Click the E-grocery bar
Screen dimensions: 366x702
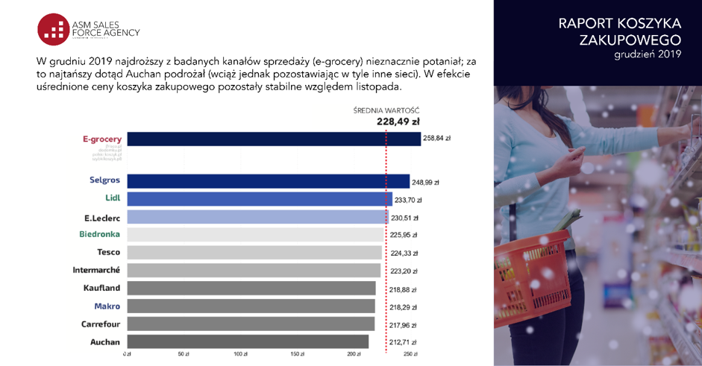(273, 139)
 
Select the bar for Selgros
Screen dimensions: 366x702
(268, 181)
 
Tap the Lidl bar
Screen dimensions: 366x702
(259, 199)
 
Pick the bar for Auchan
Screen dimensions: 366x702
(248, 342)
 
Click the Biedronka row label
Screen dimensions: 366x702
(100, 235)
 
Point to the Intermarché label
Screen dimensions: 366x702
(96, 270)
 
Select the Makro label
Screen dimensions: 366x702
(107, 306)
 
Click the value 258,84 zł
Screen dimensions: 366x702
(436, 139)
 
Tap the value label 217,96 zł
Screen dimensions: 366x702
(403, 325)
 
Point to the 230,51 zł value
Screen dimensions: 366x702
(404, 218)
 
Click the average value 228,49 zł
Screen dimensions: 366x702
(398, 122)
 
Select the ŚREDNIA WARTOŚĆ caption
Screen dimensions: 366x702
(386, 110)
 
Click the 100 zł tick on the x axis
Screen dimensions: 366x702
(240, 354)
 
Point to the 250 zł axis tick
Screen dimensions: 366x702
(410, 354)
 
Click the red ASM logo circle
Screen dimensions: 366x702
(53, 28)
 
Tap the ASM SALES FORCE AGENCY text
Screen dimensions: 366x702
(105, 28)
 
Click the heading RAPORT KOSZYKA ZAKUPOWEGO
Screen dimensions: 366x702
(619, 31)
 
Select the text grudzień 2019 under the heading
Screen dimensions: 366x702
(648, 54)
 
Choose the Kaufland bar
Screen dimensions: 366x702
(251, 288)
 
